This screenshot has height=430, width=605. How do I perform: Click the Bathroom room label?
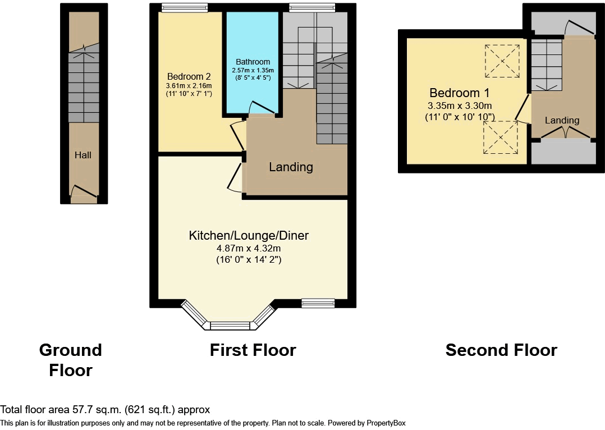(x=253, y=62)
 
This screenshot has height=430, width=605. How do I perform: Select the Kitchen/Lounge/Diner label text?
(x=249, y=235)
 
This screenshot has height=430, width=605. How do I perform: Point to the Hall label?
(x=83, y=155)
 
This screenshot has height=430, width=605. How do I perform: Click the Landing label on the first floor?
(x=291, y=167)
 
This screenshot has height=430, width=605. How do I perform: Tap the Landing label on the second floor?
(x=562, y=120)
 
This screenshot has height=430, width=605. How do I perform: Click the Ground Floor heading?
(x=71, y=360)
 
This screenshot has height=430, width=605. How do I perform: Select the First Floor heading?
(x=253, y=350)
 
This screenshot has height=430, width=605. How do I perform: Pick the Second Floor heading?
(x=501, y=350)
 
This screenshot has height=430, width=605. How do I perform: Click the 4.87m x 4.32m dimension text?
(x=249, y=248)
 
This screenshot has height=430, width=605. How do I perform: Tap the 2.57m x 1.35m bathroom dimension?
(x=253, y=70)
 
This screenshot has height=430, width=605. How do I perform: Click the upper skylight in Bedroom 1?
(x=502, y=61)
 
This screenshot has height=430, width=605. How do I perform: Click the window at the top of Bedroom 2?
(x=184, y=7)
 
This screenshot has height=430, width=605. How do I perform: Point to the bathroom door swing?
(x=261, y=108)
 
